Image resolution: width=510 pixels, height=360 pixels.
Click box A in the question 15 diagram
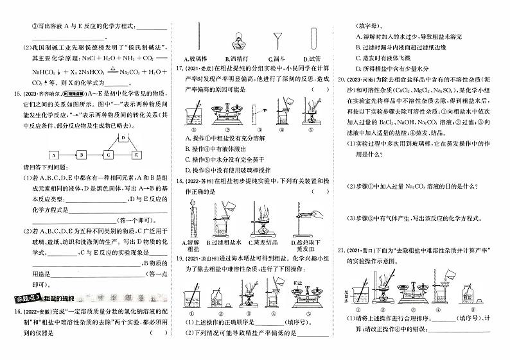55,155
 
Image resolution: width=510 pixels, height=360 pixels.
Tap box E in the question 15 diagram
136,155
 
